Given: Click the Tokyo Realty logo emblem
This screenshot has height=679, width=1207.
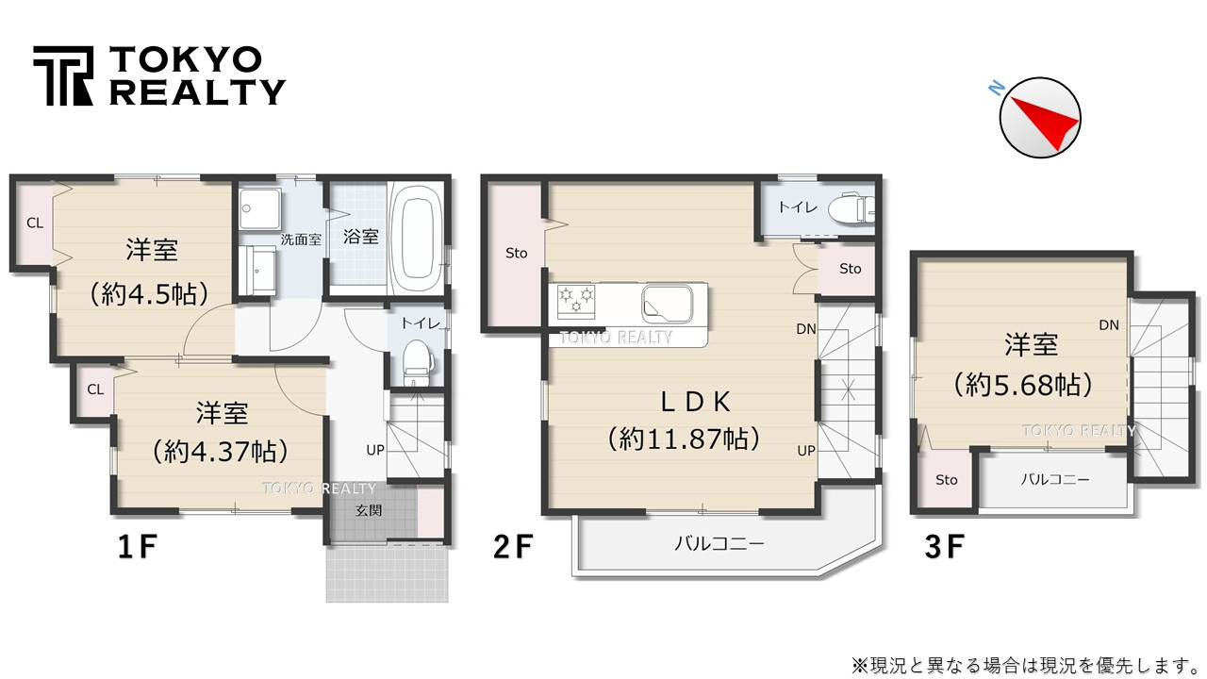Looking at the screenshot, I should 64,75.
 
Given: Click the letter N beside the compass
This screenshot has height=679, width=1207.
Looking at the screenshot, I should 995,88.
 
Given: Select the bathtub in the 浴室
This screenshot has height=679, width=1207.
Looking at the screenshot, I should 416,237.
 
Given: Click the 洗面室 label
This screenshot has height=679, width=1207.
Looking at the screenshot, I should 301,239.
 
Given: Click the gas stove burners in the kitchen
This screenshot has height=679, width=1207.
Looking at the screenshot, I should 575,300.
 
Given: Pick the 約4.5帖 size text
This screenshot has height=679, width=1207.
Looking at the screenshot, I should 149,293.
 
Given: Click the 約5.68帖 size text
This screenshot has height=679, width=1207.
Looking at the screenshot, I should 1023,384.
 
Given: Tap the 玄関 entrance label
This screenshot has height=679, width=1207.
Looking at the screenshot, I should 369,511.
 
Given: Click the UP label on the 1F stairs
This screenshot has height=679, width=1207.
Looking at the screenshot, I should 375,450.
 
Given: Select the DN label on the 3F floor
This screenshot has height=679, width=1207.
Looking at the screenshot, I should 1109,325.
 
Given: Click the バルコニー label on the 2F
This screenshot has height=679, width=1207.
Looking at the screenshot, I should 719,544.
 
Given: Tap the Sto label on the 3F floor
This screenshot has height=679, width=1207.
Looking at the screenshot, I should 947,480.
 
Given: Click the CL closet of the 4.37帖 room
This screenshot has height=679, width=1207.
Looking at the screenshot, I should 95,389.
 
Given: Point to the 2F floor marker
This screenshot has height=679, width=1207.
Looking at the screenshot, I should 513,547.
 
